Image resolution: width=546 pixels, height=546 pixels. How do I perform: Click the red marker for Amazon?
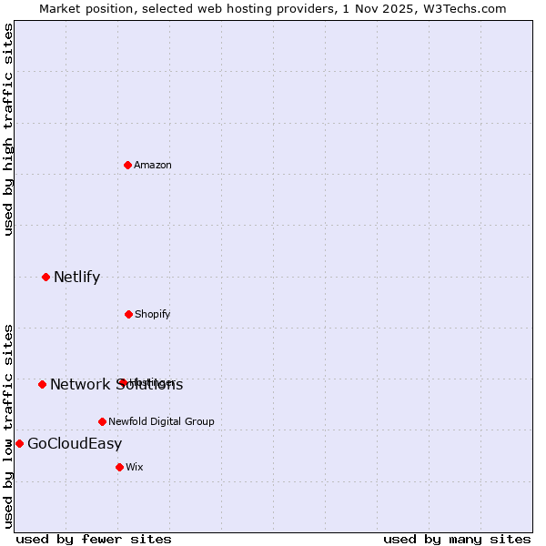127,165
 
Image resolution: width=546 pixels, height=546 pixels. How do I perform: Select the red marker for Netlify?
45,277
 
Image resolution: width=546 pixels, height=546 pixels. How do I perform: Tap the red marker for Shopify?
128,314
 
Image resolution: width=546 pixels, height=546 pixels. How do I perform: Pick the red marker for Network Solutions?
42,384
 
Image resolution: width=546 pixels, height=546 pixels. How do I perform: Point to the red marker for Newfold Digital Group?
102,421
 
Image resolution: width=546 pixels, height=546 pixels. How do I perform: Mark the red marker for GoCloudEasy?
19,443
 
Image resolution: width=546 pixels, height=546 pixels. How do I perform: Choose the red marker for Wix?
119,467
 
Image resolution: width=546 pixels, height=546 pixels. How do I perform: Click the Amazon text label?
152,165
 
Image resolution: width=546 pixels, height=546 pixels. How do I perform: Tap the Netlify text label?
76,277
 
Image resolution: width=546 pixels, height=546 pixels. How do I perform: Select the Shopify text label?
152,314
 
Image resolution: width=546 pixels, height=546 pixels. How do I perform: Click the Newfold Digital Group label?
161,421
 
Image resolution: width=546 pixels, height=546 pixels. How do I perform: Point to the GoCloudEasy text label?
75,443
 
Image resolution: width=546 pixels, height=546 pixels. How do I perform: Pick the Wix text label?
135,467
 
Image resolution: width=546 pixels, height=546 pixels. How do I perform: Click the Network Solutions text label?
116,384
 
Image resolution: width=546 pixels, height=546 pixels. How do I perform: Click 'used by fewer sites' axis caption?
94,539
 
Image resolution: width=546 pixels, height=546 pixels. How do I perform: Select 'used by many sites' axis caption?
457,539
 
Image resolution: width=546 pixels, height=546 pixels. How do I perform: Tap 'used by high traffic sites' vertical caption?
8,129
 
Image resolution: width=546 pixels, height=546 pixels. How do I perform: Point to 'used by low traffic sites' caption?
8,425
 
